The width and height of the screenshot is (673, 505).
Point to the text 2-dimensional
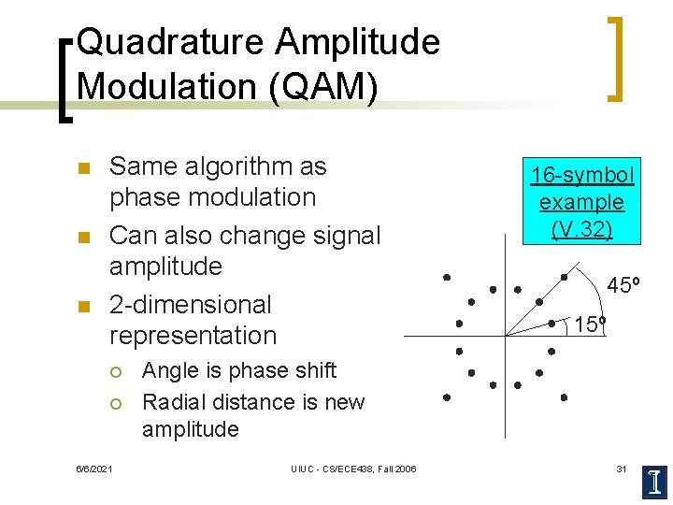pyautogui.click(x=191, y=305)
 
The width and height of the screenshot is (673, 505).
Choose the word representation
pyautogui.click(x=193, y=336)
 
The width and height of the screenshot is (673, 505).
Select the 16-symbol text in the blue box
pyautogui.click(x=582, y=175)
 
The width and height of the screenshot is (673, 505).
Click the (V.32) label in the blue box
pyautogui.click(x=581, y=229)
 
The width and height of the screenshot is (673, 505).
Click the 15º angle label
pyautogui.click(x=590, y=325)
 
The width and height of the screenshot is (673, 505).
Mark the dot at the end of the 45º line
pyautogui.click(x=564, y=277)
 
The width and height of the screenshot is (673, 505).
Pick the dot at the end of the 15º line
pyautogui.click(x=551, y=324)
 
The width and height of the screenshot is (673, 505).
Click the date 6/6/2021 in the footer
pyautogui.click(x=93, y=469)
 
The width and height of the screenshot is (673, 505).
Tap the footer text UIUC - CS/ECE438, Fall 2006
pyautogui.click(x=353, y=469)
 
